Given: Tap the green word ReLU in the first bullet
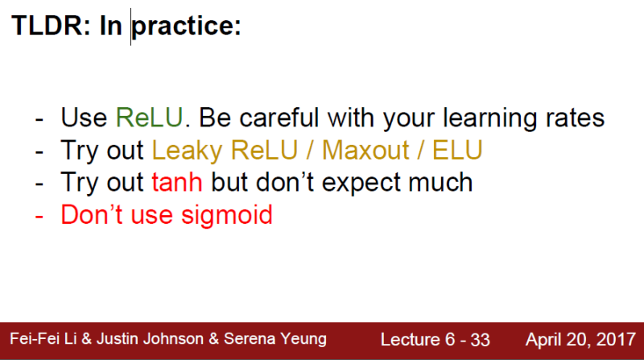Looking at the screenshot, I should tap(151, 118).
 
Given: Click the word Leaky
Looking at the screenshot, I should tap(186, 151).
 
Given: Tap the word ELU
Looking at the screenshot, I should tap(460, 151).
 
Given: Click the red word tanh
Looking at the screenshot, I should tap(176, 183).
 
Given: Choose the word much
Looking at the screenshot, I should tap(443, 183).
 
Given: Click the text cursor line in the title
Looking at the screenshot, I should tap(131, 27).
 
